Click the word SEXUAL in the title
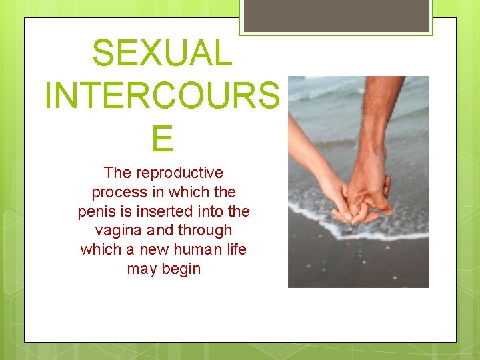pyautogui.click(x=162, y=53)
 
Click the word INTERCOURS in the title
pyautogui.click(x=162, y=96)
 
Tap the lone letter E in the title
pyautogui.click(x=162, y=139)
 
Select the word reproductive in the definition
pyautogui.click(x=179, y=173)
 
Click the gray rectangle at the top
pyautogui.click(x=335, y=15)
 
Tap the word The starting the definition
pyautogui.click(x=118, y=173)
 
